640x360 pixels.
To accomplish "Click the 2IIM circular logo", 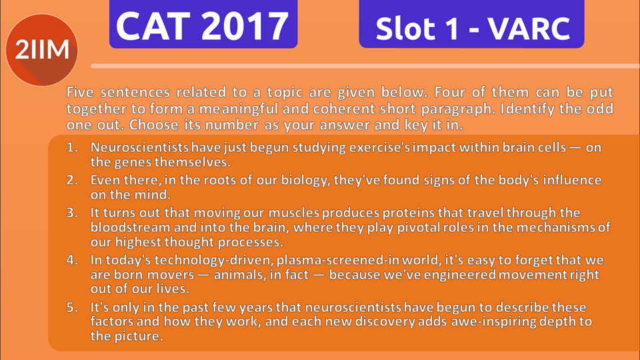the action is point(41,50).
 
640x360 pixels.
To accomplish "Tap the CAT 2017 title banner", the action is point(203,24).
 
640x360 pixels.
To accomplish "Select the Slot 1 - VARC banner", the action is point(471,24).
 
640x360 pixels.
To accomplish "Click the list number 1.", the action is point(72,147).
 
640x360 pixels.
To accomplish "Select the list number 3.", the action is point(72,213).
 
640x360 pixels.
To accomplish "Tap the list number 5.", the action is point(72,307).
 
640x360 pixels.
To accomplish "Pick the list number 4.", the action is point(72,260).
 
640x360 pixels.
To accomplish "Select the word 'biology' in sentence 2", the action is point(306,181).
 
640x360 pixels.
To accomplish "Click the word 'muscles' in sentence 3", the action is point(294,213).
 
